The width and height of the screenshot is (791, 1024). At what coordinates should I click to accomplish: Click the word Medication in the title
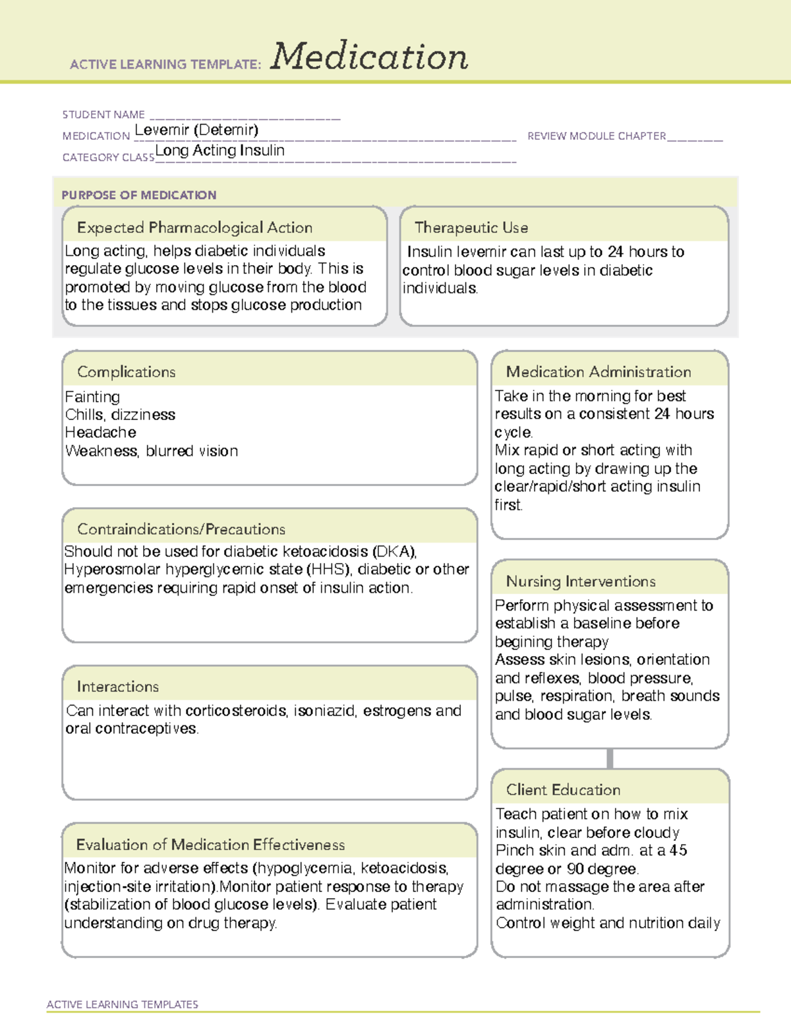(369, 57)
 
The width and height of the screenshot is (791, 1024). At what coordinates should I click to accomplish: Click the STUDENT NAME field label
(103, 115)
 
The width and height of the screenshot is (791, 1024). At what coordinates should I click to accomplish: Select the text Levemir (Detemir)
(196, 130)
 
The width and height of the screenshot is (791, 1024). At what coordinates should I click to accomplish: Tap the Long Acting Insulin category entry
(220, 150)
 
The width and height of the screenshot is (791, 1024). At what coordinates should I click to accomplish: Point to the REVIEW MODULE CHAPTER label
(597, 136)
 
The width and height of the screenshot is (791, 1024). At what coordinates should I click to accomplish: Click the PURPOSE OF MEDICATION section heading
(138, 195)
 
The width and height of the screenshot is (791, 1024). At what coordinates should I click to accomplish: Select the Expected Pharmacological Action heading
(194, 227)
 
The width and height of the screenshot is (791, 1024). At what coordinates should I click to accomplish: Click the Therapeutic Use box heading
(471, 227)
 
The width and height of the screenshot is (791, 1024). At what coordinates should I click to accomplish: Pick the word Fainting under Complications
(92, 397)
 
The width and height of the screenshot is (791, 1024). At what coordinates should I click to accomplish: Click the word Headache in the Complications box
(100, 433)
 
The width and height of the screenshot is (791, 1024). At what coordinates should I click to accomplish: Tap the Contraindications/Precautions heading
(181, 529)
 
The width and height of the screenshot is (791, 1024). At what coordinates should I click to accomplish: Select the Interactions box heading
(117, 686)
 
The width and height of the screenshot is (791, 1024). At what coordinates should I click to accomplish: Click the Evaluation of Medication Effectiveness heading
(210, 845)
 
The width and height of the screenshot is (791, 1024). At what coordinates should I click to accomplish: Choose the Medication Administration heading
(599, 372)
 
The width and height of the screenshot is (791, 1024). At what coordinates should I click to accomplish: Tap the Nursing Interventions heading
(581, 581)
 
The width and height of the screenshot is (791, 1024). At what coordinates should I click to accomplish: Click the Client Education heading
(563, 790)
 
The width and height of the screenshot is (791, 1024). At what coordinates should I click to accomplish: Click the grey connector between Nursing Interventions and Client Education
(610, 758)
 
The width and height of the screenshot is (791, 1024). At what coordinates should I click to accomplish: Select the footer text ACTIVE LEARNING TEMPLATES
(122, 1004)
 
